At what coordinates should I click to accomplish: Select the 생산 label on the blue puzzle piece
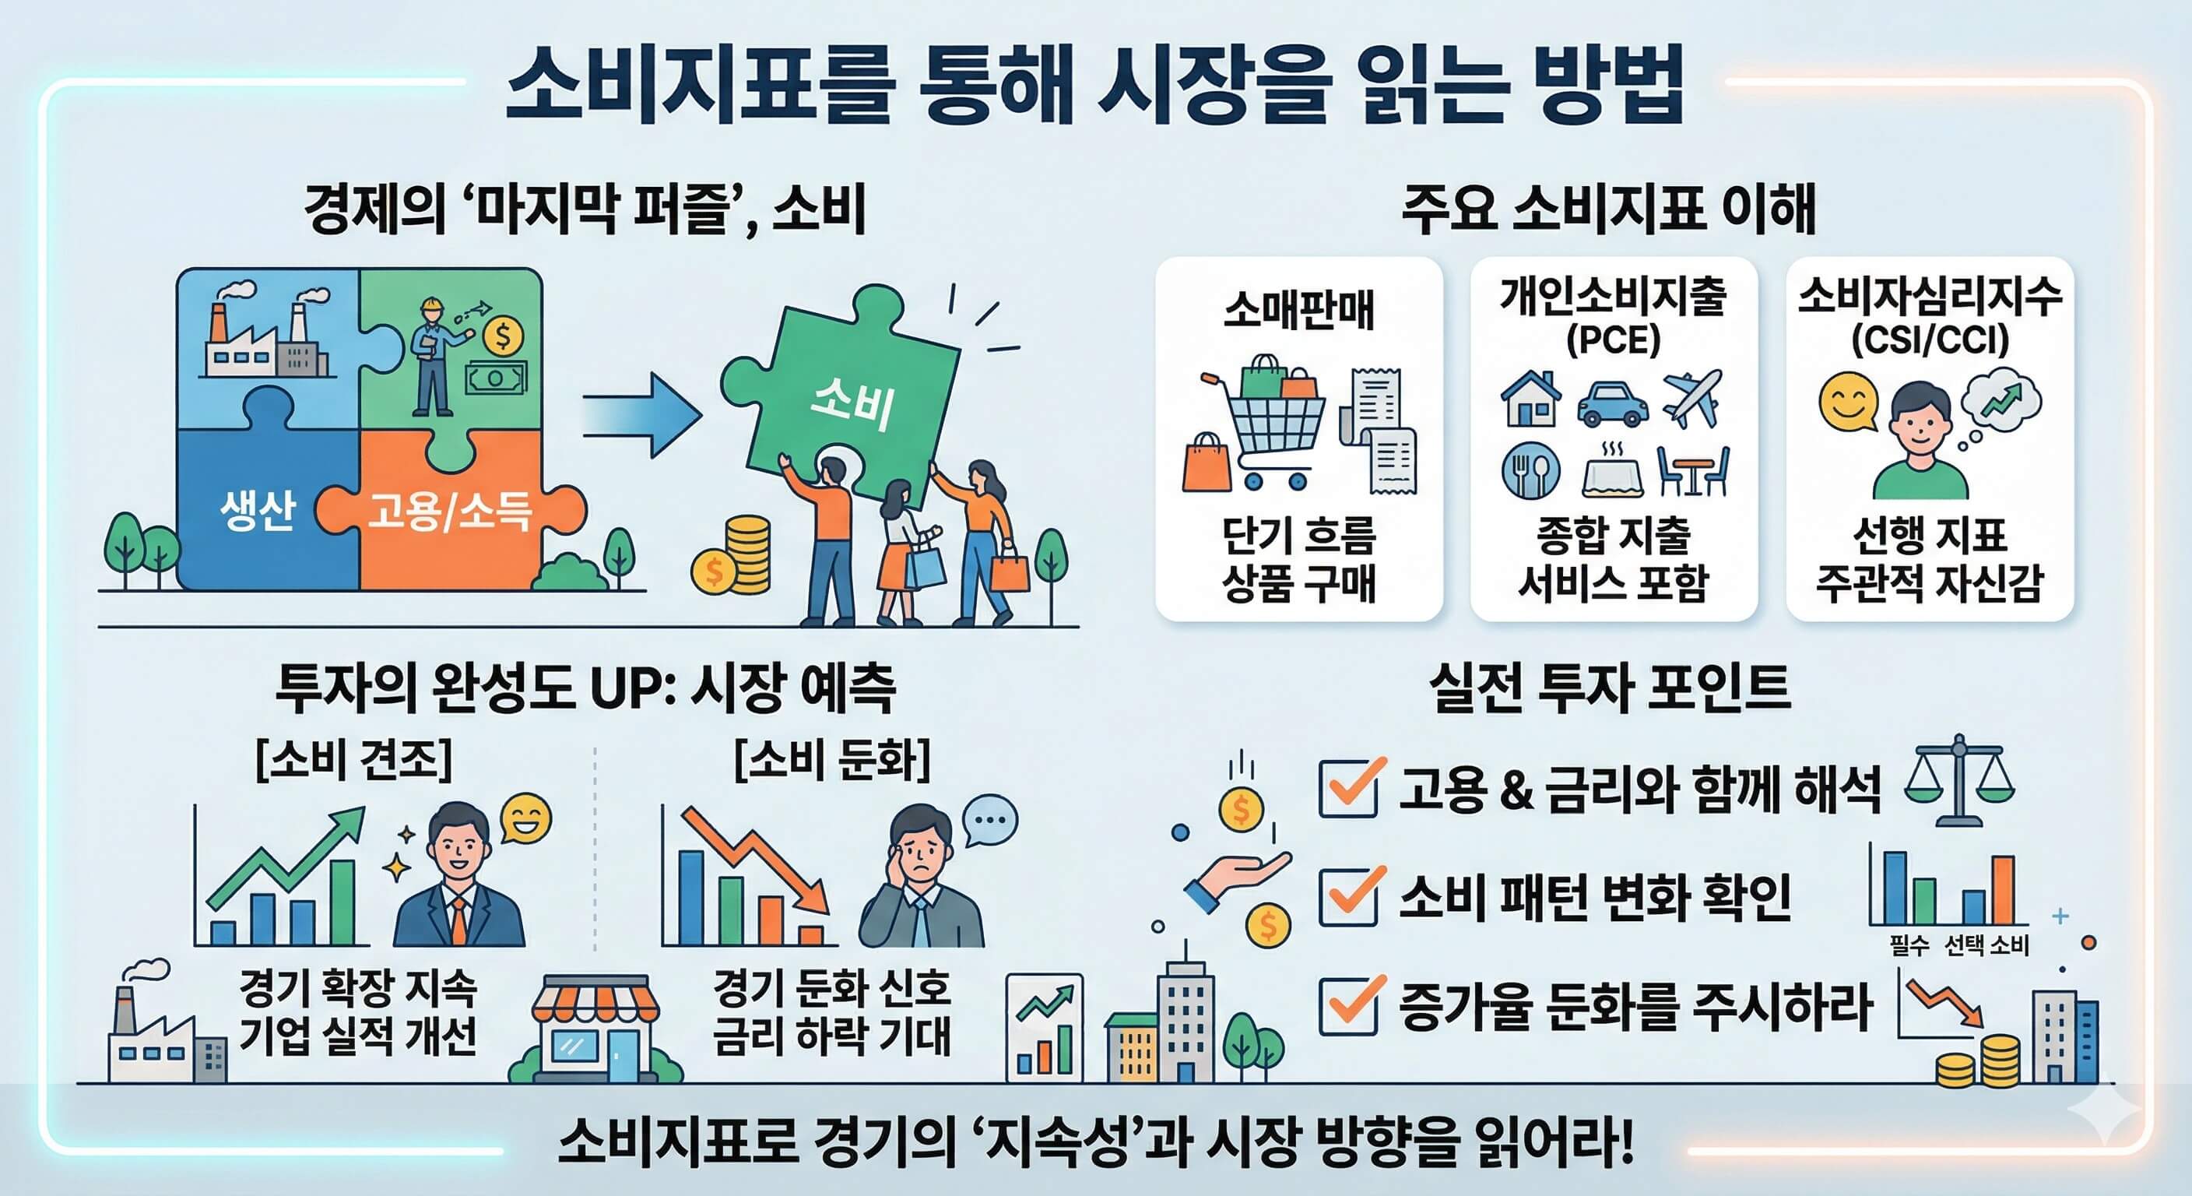click(x=257, y=511)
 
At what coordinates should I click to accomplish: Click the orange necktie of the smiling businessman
click(x=458, y=920)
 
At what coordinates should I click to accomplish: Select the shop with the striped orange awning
click(x=595, y=1030)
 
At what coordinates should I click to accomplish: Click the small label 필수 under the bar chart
click(x=1909, y=944)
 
